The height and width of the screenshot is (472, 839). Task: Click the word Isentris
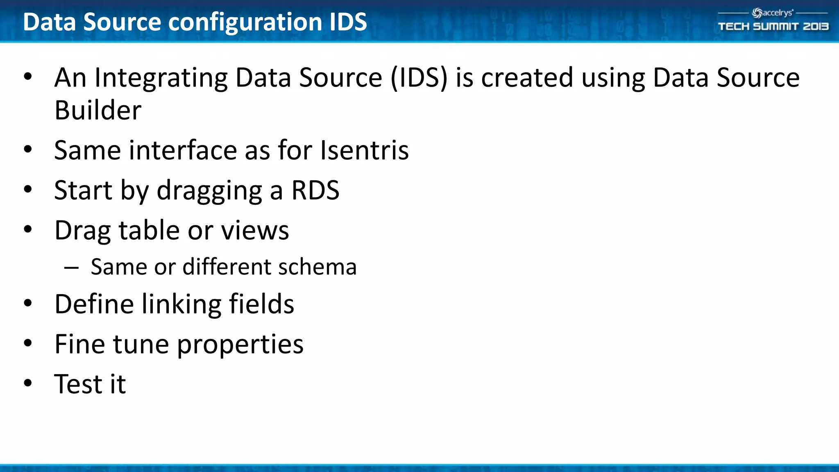tap(364, 150)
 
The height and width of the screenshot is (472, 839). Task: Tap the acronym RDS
tap(315, 191)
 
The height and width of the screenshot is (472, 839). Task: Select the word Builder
tap(98, 111)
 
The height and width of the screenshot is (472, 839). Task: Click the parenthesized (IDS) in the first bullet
tap(419, 78)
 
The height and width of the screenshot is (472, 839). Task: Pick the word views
tap(255, 231)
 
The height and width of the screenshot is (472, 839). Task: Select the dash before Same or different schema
tap(71, 268)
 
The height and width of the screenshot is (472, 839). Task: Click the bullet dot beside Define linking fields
tap(28, 304)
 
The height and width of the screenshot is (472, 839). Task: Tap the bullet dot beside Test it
tap(28, 383)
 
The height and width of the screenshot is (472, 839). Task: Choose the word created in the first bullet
tap(527, 78)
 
